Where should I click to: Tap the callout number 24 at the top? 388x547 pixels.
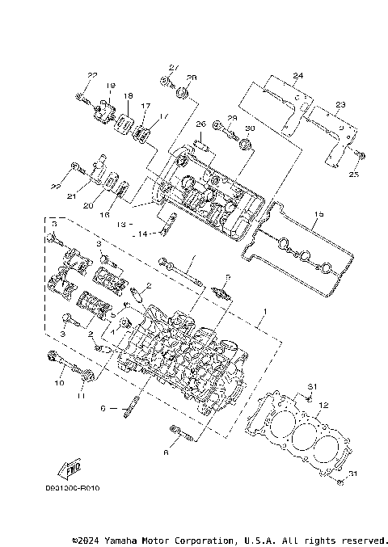297,76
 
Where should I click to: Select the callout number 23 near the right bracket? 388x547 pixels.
340,105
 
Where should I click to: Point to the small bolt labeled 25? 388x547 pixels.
361,154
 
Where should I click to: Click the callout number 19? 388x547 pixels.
110,86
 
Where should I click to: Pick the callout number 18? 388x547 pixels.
127,96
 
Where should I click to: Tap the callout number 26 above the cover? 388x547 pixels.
200,124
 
